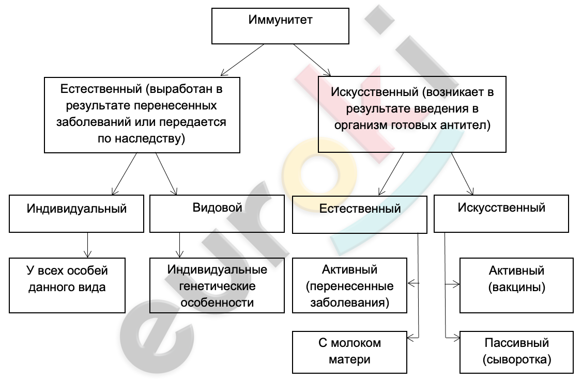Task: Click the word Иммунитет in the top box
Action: pyautogui.click(x=280, y=19)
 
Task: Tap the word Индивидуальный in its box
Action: pyautogui.click(x=76, y=209)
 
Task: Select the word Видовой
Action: pyautogui.click(x=217, y=208)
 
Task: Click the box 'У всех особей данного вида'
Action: pyautogui.click(x=67, y=285)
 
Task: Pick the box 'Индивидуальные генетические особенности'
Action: pyautogui.click(x=217, y=285)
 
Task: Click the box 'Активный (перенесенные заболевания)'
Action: pyautogui.click(x=349, y=285)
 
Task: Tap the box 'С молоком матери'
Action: pyautogui.click(x=349, y=352)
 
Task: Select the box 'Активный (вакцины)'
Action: pyautogui.click(x=517, y=285)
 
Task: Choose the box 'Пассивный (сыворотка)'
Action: pyautogui.click(x=517, y=352)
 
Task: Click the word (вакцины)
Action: pyautogui.click(x=517, y=287)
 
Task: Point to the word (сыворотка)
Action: pyautogui.click(x=517, y=359)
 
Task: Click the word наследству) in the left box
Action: pyautogui.click(x=149, y=138)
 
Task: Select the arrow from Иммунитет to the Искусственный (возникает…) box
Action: pyautogui.click(x=312, y=60)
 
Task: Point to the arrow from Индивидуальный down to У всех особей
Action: pyautogui.click(x=87, y=245)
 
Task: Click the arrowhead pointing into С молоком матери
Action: pyautogui.click(x=410, y=338)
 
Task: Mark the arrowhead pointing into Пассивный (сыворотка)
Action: pyautogui.click(x=456, y=338)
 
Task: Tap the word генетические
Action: pyautogui.click(x=217, y=286)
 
